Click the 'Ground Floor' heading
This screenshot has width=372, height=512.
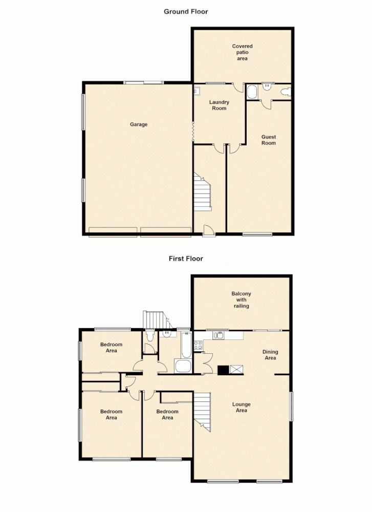[186, 11]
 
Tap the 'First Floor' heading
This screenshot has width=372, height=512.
[186, 259]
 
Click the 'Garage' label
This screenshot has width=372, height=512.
[138, 124]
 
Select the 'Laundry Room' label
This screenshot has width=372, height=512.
[219, 105]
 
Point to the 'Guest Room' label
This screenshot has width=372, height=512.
[269, 140]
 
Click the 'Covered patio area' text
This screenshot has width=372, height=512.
[242, 52]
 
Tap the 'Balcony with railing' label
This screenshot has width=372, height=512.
[241, 300]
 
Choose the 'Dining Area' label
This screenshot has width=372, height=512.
[270, 355]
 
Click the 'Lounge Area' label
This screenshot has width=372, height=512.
[241, 407]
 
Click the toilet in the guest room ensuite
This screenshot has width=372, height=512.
[287, 92]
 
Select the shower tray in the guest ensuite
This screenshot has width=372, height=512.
[252, 92]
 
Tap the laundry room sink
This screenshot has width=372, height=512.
[197, 91]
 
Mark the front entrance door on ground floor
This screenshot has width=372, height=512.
[208, 231]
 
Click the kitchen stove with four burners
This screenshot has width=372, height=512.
[198, 345]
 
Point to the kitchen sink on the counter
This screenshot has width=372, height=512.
[218, 336]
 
